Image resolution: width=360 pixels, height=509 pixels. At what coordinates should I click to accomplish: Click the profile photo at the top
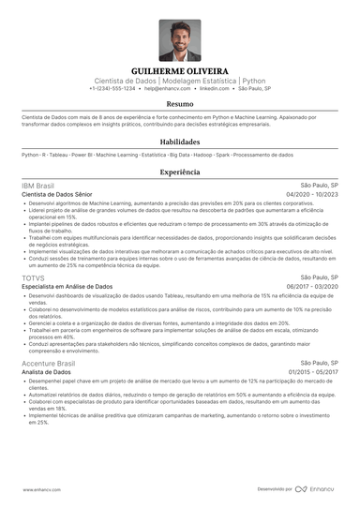179,40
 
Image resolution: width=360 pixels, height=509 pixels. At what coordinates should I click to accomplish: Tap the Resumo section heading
180,105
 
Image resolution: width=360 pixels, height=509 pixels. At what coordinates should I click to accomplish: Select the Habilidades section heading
180,142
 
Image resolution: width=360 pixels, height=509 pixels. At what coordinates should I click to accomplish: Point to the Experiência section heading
180,172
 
